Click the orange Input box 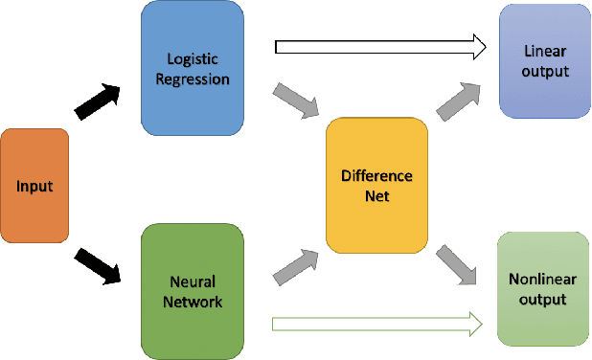point(35,186)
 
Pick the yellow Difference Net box point(376,186)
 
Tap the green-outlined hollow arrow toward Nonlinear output point(376,325)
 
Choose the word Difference point(376,176)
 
